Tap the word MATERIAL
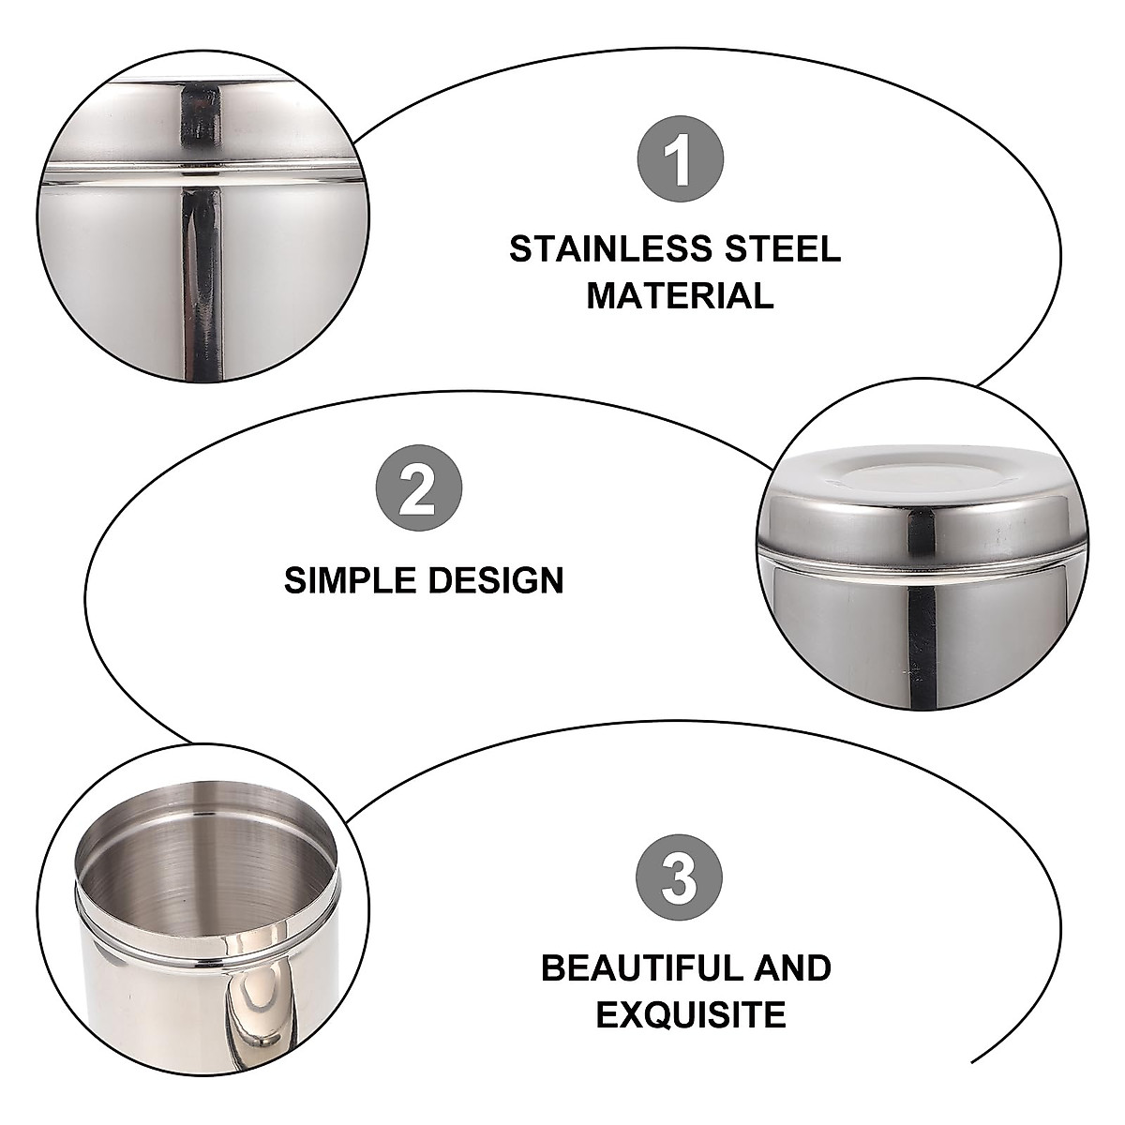[x=680, y=296]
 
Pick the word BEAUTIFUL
[x=648, y=967]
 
